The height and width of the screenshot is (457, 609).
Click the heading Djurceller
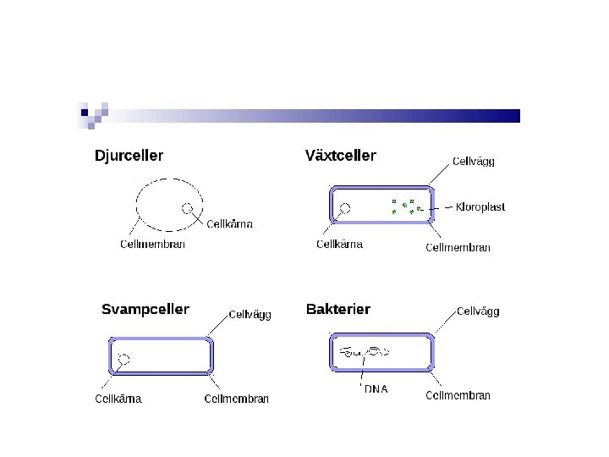[x=129, y=156]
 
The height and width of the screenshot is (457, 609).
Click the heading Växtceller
[x=340, y=156]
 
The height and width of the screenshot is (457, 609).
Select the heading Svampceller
[x=145, y=309]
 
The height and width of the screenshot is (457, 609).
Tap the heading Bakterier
[x=337, y=309]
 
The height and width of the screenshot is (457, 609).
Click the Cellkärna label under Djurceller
[x=229, y=224]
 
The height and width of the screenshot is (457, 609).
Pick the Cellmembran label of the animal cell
[x=152, y=245]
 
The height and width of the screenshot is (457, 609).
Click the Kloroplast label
[x=480, y=207]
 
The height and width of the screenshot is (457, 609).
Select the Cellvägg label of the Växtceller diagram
[x=474, y=161]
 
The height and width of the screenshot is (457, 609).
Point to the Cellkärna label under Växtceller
[x=339, y=245]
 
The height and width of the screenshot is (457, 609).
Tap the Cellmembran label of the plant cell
[x=458, y=247]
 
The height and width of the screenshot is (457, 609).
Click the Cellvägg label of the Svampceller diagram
[x=250, y=314]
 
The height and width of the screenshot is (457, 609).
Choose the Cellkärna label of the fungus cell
[x=118, y=399]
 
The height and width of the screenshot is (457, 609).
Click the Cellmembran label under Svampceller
[x=237, y=399]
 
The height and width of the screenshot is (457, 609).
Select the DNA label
[x=376, y=389]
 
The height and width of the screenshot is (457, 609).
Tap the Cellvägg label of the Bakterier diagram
[x=478, y=311]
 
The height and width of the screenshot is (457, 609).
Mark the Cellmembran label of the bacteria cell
[x=458, y=395]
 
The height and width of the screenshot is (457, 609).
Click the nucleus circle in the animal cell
[x=188, y=208]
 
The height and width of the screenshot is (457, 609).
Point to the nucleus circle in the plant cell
[x=345, y=207]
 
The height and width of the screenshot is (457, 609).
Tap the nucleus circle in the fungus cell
[x=123, y=360]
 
